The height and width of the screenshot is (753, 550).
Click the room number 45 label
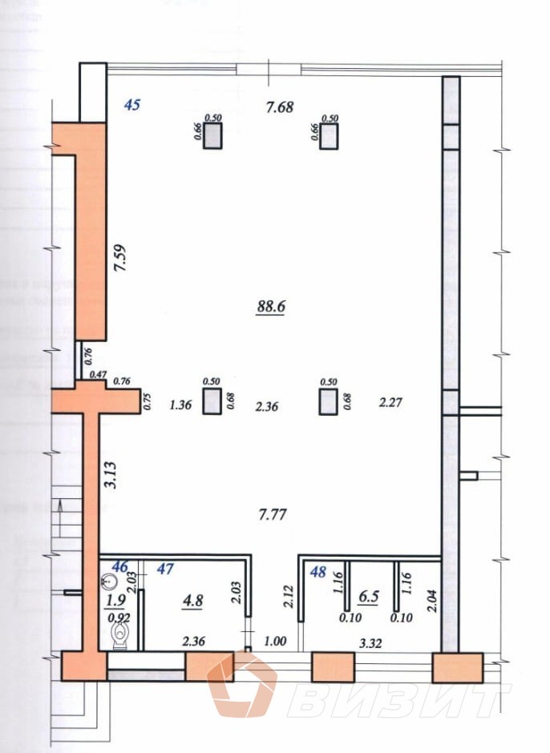pyautogui.click(x=133, y=104)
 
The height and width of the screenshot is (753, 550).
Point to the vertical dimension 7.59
pyautogui.click(x=120, y=259)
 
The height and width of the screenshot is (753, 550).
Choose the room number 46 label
pyautogui.click(x=119, y=567)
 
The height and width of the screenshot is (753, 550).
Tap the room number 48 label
pyautogui.click(x=318, y=572)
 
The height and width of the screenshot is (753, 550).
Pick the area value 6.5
pyautogui.click(x=370, y=596)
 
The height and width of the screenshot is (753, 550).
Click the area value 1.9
pyautogui.click(x=116, y=600)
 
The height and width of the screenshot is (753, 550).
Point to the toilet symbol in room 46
pyautogui.click(x=120, y=637)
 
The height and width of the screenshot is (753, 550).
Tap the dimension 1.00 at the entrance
pyautogui.click(x=275, y=641)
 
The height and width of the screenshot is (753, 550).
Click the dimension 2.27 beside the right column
pyautogui.click(x=390, y=404)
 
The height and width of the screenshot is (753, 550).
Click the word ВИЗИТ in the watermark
pyautogui.click(x=398, y=699)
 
